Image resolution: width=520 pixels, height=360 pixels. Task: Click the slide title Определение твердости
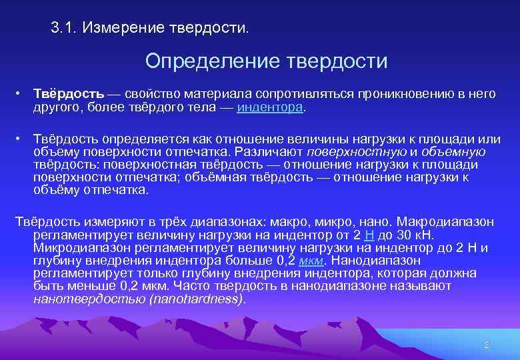click(266, 61)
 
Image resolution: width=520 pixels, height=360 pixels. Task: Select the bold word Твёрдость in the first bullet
click(64, 94)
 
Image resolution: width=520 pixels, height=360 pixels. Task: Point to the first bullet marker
click(21, 94)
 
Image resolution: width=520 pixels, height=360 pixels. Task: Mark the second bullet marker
click(21, 138)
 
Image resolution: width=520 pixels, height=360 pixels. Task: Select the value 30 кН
click(415, 235)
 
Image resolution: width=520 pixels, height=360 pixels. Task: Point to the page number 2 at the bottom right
click(487, 345)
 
